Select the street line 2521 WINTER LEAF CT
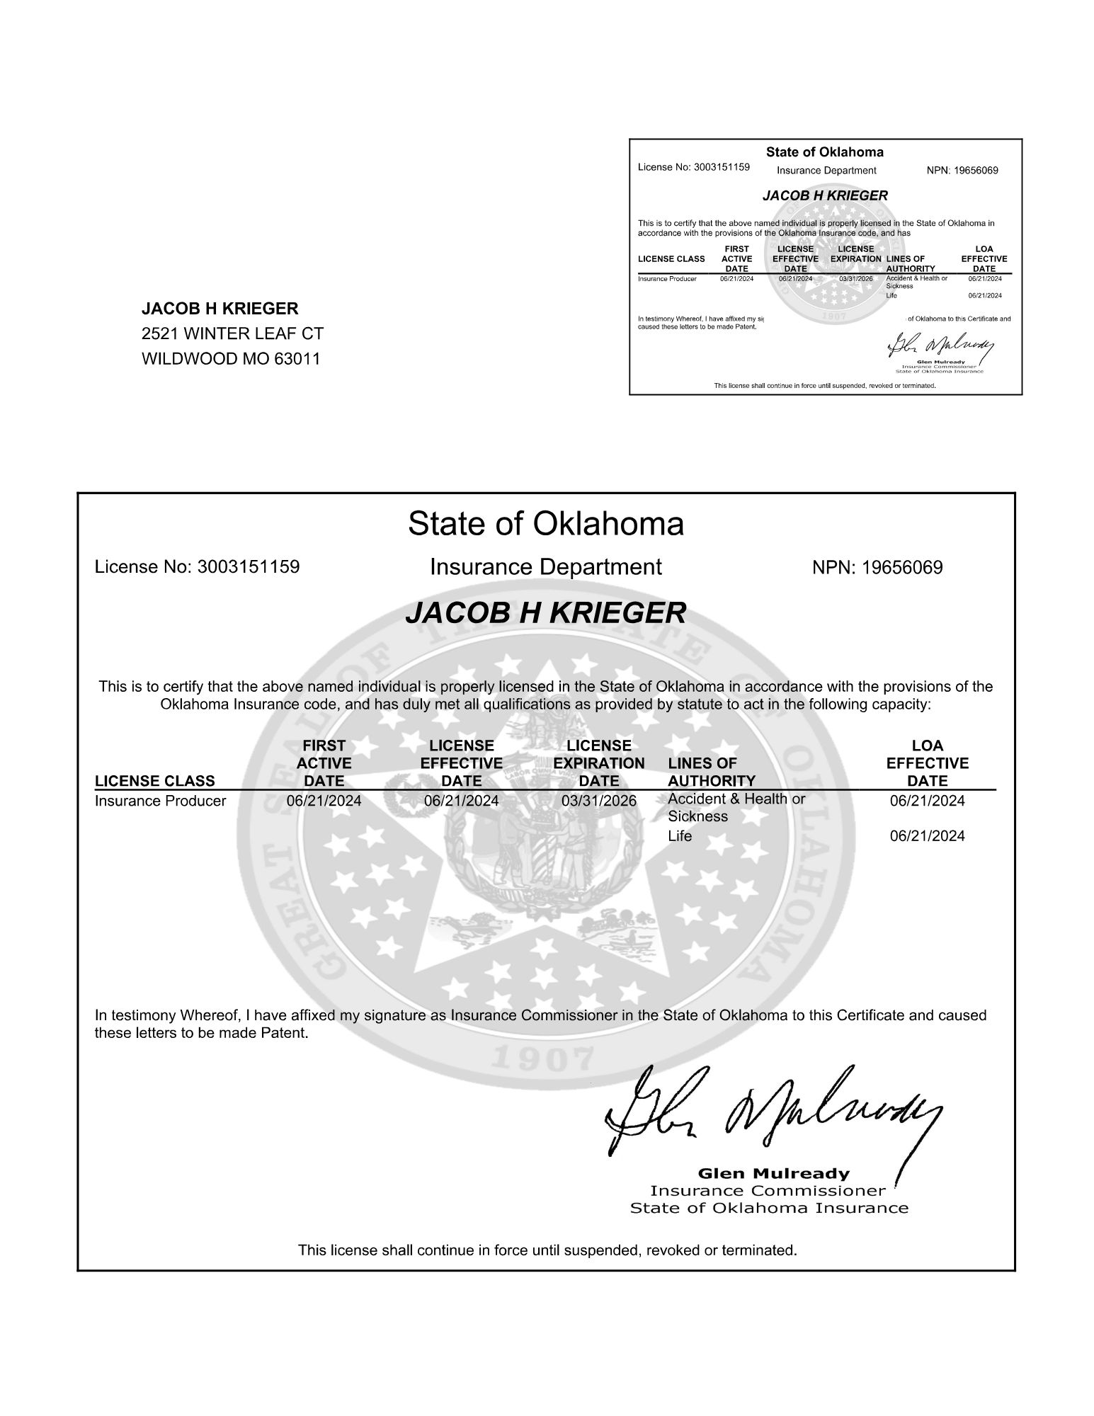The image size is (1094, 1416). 232,333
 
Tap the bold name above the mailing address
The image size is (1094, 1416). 220,309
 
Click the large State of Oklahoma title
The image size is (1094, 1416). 546,524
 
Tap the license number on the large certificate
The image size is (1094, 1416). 248,567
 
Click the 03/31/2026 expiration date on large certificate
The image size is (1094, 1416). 599,801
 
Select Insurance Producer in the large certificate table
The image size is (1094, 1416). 160,801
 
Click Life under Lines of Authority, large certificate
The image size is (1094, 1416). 680,836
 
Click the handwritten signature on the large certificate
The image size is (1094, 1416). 772,1114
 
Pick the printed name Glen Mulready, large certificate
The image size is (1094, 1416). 773,1173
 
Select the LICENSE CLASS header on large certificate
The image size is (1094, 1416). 154,781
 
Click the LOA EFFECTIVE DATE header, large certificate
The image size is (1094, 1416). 927,763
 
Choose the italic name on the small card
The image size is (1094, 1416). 825,195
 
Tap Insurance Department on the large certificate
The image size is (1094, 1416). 546,567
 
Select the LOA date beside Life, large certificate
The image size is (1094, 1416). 927,836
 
